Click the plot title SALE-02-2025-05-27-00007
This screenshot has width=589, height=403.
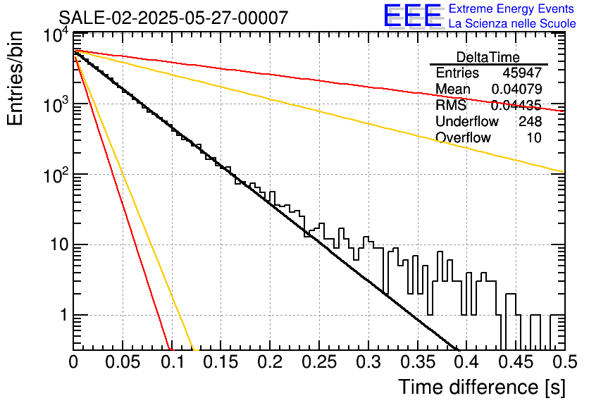click(x=173, y=18)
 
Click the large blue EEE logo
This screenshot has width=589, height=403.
click(x=412, y=15)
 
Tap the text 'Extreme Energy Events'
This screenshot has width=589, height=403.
click(x=512, y=8)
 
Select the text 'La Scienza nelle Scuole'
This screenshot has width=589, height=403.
click(x=512, y=23)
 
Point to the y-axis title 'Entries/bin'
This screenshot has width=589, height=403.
click(x=15, y=78)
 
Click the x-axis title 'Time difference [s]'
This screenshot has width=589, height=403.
click(x=482, y=387)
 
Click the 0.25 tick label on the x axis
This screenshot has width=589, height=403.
click(x=319, y=362)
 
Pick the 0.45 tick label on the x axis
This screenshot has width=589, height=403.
click(x=516, y=362)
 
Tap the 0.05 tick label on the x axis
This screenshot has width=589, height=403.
click(x=123, y=362)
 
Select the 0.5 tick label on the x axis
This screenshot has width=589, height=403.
click(x=564, y=362)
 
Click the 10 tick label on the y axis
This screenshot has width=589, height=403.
click(x=58, y=245)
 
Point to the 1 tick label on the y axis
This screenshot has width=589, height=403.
click(x=63, y=315)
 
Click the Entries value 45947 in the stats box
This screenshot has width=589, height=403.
click(x=522, y=73)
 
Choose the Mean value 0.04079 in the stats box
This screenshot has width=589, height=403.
click(x=516, y=89)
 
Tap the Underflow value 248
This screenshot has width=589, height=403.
click(x=530, y=121)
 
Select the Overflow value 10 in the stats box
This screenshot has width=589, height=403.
click(x=534, y=137)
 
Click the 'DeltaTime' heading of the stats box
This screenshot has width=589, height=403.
click(x=488, y=57)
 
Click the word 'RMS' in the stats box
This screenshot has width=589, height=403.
click(x=451, y=105)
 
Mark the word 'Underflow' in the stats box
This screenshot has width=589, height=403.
click(x=467, y=121)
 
